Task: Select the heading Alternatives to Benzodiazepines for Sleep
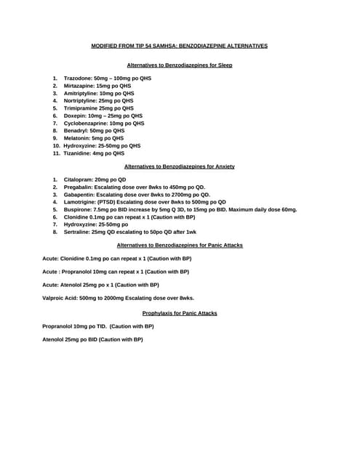click(x=180, y=65)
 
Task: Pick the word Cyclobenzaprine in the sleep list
click(x=85, y=124)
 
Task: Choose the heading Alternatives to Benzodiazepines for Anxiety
click(x=180, y=166)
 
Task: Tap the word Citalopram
click(x=77, y=179)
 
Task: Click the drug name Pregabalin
click(x=78, y=187)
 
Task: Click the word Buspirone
click(x=77, y=209)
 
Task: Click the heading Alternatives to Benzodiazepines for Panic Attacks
click(x=180, y=246)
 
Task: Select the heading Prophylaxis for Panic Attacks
click(x=180, y=313)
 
